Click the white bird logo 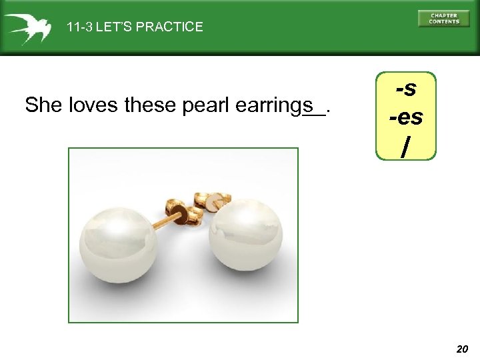[x=27, y=27]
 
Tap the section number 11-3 [x=79, y=27]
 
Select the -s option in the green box [x=406, y=88]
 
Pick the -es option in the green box [x=406, y=117]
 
